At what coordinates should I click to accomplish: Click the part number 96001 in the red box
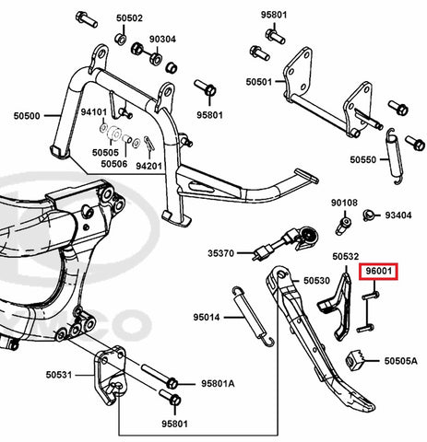pos(378,272)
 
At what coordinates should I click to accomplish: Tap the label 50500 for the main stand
pos(27,116)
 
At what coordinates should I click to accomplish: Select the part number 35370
pos(221,253)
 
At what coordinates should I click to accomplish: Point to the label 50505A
pos(401,361)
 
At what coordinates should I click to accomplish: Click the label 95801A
pos(218,384)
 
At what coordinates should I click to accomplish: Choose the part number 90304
pos(162,40)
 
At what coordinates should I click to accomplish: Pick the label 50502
pos(129,18)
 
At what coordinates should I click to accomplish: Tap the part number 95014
pos(207,317)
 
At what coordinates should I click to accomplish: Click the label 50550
pos(363,159)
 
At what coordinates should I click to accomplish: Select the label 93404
pos(398,215)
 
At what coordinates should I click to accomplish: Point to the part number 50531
pos(59,375)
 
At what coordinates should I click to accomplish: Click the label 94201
pos(148,166)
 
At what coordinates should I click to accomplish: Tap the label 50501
pos(259,82)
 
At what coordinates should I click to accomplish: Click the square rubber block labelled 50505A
pos(354,359)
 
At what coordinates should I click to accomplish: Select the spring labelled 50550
pos(394,157)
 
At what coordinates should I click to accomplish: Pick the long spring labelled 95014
pos(253,316)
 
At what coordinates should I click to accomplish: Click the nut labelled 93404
pos(368,215)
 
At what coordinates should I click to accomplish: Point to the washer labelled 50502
pos(120,39)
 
